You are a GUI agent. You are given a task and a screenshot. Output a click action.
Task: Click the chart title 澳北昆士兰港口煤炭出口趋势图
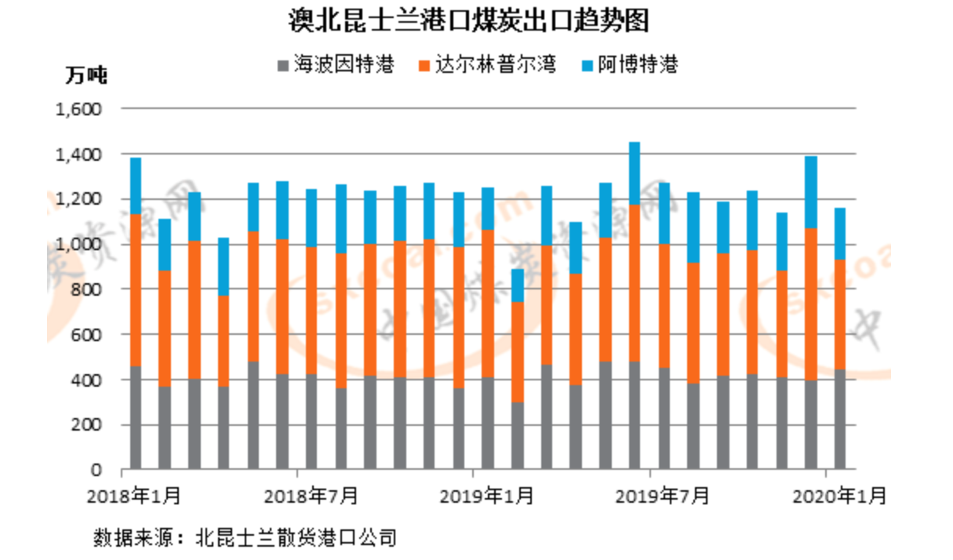pyautogui.click(x=469, y=21)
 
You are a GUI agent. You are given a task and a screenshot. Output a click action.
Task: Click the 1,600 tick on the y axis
pyautogui.click(x=79, y=109)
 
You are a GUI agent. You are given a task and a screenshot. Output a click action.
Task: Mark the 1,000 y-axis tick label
pyautogui.click(x=79, y=245)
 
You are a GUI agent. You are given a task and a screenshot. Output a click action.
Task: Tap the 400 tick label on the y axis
pyautogui.click(x=87, y=380)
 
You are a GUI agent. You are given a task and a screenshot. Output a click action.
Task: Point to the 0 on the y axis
pyautogui.click(x=96, y=470)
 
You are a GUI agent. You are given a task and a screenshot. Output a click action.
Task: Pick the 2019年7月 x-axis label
pyautogui.click(x=663, y=496)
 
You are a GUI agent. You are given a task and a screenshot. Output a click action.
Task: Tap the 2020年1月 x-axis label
pyautogui.click(x=840, y=496)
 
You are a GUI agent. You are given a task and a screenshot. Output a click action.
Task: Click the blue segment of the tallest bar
pyautogui.click(x=634, y=173)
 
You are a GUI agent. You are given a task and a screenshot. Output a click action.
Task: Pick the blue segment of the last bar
pyautogui.click(x=839, y=234)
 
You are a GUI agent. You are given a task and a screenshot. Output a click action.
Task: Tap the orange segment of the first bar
pyautogui.click(x=136, y=290)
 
